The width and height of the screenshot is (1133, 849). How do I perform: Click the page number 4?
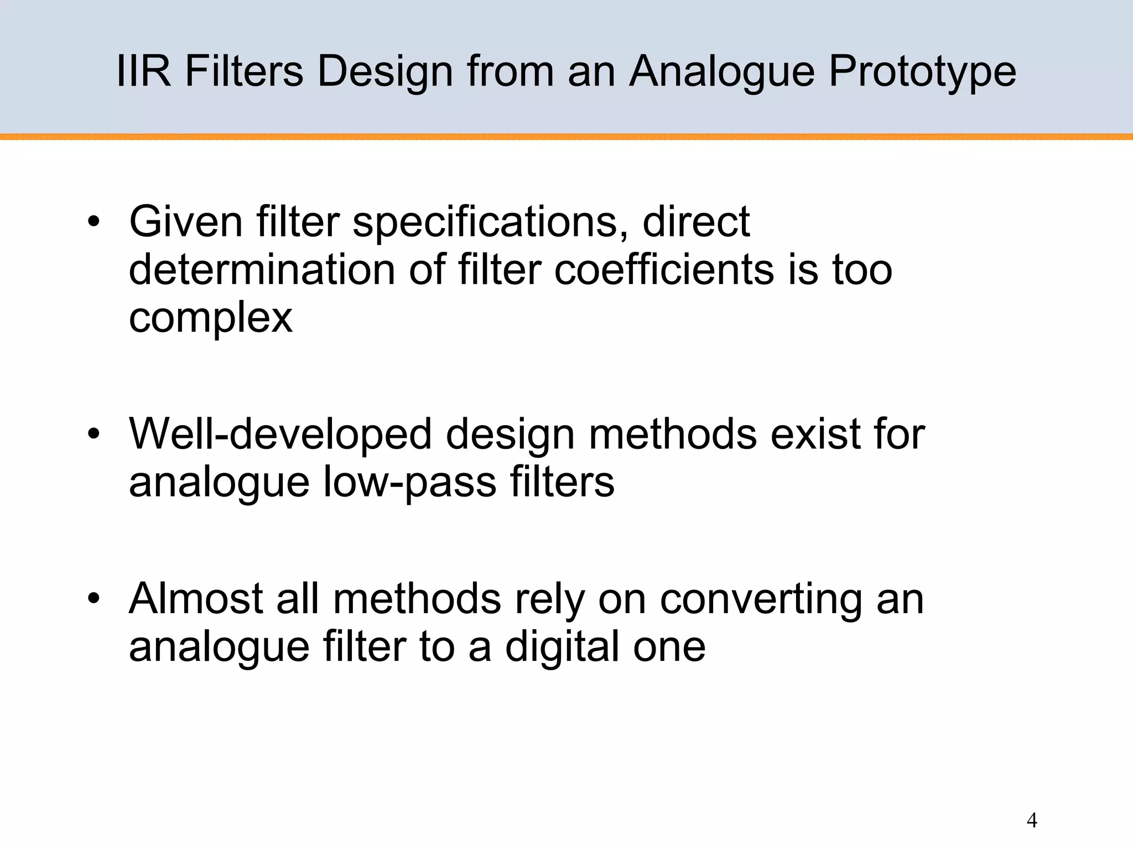(x=1031, y=820)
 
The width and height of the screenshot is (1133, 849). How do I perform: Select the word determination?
(x=262, y=270)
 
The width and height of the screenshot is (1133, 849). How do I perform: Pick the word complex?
(x=210, y=318)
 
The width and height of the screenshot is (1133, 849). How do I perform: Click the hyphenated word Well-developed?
(x=280, y=434)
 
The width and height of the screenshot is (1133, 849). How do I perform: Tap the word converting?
(x=761, y=599)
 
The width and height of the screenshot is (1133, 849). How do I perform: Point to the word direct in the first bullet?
(x=696, y=221)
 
